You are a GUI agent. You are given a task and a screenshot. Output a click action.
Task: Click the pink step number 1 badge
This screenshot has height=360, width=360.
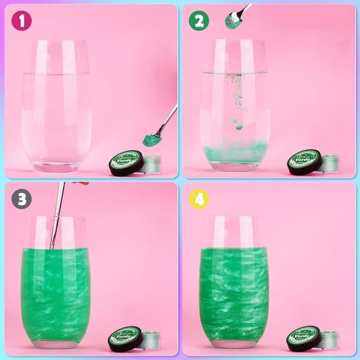click(x=21, y=21)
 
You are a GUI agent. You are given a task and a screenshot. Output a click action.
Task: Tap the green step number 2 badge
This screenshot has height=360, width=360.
click(x=199, y=21)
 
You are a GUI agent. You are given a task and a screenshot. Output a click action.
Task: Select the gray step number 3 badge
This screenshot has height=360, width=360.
click(x=21, y=199)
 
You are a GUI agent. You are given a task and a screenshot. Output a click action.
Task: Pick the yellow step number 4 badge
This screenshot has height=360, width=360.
click(x=199, y=199)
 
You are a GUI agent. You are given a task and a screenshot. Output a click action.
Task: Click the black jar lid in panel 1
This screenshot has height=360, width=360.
click(x=126, y=163)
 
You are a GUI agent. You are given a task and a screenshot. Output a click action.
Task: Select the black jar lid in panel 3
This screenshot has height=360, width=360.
click(x=126, y=339)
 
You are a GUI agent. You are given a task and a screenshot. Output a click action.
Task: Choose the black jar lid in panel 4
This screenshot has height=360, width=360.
click(x=304, y=339)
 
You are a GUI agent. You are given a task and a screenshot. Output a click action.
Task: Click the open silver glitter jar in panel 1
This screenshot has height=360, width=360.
click(x=151, y=164)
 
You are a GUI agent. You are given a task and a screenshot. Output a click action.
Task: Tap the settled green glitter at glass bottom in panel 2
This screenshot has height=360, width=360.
click(x=235, y=152)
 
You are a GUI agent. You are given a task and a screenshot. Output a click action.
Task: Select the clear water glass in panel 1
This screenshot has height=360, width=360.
click(x=56, y=107)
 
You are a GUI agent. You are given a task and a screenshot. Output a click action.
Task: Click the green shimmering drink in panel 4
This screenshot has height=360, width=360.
click(x=234, y=287)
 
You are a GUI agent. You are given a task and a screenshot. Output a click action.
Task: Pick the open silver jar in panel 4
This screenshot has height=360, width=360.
click(x=329, y=340)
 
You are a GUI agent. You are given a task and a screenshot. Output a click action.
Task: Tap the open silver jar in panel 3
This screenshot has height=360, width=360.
click(x=151, y=340)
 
